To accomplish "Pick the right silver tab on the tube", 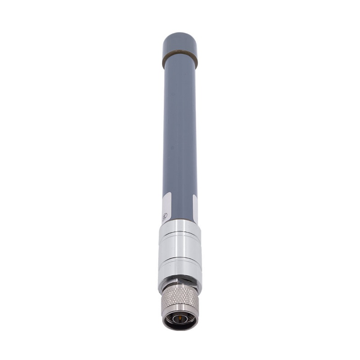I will coord(195,208).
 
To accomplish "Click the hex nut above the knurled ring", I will coord(180,284).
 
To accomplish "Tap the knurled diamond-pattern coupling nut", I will coord(180,299).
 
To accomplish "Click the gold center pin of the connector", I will coord(180,320).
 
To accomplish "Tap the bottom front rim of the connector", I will coord(180,328).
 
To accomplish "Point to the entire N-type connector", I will coord(180,306).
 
